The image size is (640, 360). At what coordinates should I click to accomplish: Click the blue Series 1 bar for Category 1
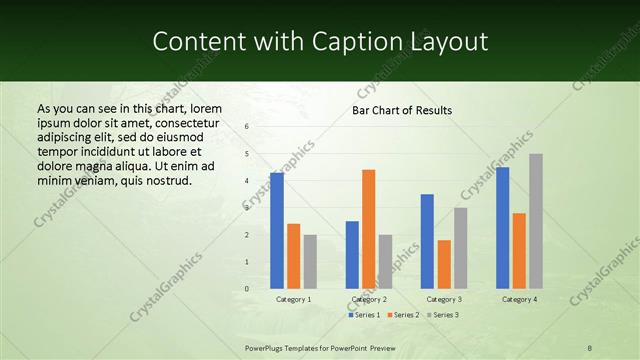(x=277, y=231)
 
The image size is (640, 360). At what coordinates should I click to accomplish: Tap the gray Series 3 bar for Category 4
(x=536, y=221)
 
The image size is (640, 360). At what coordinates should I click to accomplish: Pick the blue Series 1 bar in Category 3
(x=427, y=241)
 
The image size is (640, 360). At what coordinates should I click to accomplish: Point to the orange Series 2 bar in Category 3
(x=444, y=264)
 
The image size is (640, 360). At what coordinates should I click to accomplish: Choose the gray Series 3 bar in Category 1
(x=310, y=261)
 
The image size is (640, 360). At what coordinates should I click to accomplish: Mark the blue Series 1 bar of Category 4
(x=502, y=228)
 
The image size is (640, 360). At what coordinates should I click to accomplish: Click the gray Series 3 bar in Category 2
(x=386, y=261)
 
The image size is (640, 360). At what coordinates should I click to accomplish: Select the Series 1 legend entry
(x=366, y=315)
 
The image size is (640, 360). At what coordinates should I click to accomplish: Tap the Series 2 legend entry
(x=404, y=315)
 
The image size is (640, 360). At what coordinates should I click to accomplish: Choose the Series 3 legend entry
(x=443, y=315)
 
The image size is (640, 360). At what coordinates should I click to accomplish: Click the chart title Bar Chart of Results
(x=402, y=110)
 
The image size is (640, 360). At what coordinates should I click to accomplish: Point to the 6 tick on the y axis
(x=247, y=127)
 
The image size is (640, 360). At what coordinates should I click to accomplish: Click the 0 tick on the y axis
(x=247, y=289)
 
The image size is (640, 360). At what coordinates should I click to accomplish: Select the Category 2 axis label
(x=369, y=299)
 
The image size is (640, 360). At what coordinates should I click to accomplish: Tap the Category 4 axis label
(x=519, y=299)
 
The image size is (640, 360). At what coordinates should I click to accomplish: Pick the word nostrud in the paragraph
(x=165, y=181)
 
